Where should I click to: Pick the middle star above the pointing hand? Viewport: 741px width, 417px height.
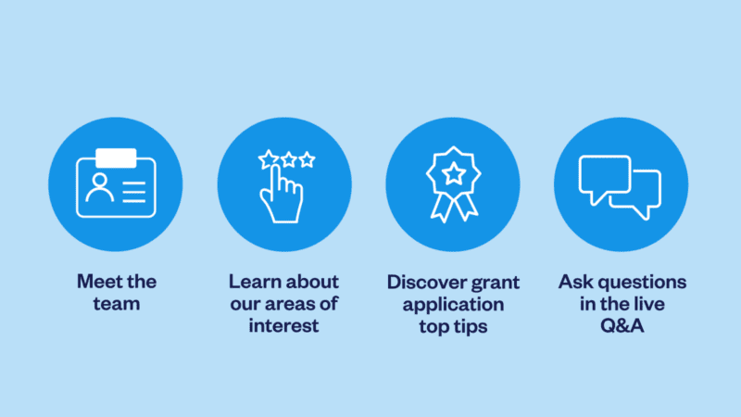[288, 160]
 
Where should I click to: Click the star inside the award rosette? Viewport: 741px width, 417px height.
[453, 172]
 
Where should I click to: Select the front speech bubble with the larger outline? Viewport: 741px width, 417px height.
[604, 176]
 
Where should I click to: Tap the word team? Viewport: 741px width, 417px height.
[117, 304]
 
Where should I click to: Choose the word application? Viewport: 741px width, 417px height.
[454, 304]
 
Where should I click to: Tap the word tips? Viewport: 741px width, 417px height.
[474, 326]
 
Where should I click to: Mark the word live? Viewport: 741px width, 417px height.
[651, 304]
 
